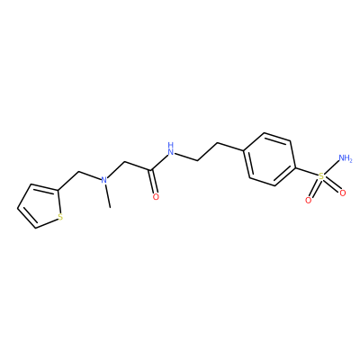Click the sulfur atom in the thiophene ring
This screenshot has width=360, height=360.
point(60,217)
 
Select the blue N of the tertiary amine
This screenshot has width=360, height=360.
point(103,180)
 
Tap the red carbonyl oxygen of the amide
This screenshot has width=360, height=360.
point(156,197)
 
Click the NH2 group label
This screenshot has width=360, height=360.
point(345,157)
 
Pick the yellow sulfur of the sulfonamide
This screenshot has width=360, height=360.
point(321,176)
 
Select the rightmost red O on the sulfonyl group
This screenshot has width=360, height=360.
point(343,193)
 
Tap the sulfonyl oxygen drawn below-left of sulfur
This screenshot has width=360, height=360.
point(308,201)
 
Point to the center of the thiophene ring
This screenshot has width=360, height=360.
point(40,207)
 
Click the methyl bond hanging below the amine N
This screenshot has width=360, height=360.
point(108,195)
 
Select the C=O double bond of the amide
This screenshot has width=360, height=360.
point(152,182)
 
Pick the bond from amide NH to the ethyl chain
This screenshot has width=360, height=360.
point(186,157)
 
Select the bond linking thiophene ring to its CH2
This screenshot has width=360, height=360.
point(67,182)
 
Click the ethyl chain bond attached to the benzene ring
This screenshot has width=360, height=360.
point(230,147)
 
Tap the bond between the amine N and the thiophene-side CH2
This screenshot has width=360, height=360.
point(89,176)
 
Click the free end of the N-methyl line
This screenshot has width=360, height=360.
point(111,207)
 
